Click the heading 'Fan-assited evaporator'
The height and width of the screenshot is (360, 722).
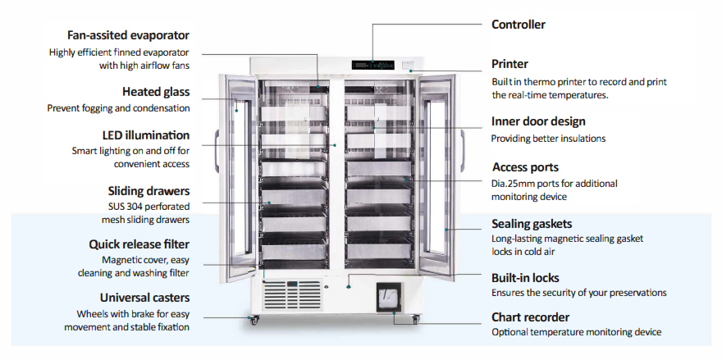[128, 35]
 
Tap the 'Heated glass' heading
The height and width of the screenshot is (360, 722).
[156, 92]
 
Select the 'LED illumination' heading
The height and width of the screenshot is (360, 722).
[146, 134]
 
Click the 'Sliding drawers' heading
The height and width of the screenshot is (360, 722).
[149, 190]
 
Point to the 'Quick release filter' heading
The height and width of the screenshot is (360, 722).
[139, 244]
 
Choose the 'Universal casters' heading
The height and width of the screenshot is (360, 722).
[144, 297]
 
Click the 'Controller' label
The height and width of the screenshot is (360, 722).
[518, 25]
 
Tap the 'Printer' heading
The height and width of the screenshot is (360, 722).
[510, 64]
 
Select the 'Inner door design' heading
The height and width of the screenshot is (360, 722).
[538, 121]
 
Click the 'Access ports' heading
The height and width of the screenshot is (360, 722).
[525, 167]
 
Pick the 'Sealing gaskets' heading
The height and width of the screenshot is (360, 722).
[532, 223]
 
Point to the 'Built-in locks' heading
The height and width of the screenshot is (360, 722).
[526, 277]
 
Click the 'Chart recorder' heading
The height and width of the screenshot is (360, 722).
[530, 317]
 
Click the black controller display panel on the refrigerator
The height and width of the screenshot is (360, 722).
[373, 64]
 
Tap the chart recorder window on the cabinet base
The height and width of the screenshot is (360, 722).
[390, 296]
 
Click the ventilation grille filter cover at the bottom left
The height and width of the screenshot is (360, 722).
[292, 295]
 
